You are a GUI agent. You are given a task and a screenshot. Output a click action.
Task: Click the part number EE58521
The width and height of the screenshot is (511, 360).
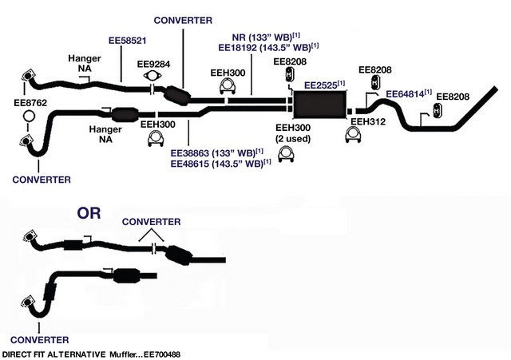coord(128,41)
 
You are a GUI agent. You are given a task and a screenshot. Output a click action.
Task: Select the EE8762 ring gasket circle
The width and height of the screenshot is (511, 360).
coord(30,116)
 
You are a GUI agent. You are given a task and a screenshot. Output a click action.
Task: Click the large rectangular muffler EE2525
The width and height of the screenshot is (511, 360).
coord(319,105)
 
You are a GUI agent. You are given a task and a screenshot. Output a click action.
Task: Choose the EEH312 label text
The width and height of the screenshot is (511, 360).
coord(368,122)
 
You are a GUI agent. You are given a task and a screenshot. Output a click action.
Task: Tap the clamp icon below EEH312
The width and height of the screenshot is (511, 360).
coord(353,135)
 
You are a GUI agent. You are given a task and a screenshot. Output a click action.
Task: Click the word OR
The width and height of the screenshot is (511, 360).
coord(89,213)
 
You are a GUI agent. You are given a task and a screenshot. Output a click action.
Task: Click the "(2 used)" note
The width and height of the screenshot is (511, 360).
coord(293,139)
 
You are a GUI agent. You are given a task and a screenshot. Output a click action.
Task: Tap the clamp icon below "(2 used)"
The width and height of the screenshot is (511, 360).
coord(287,154)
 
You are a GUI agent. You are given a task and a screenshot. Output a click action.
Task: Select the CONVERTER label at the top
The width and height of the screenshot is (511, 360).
coord(183,20)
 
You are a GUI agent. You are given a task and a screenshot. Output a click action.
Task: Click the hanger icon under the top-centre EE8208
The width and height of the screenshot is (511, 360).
coord(289,74)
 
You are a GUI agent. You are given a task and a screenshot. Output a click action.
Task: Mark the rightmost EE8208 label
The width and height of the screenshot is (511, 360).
coord(453,97)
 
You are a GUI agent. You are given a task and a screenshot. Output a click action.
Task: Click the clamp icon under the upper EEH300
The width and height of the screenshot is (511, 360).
coord(228,86)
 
